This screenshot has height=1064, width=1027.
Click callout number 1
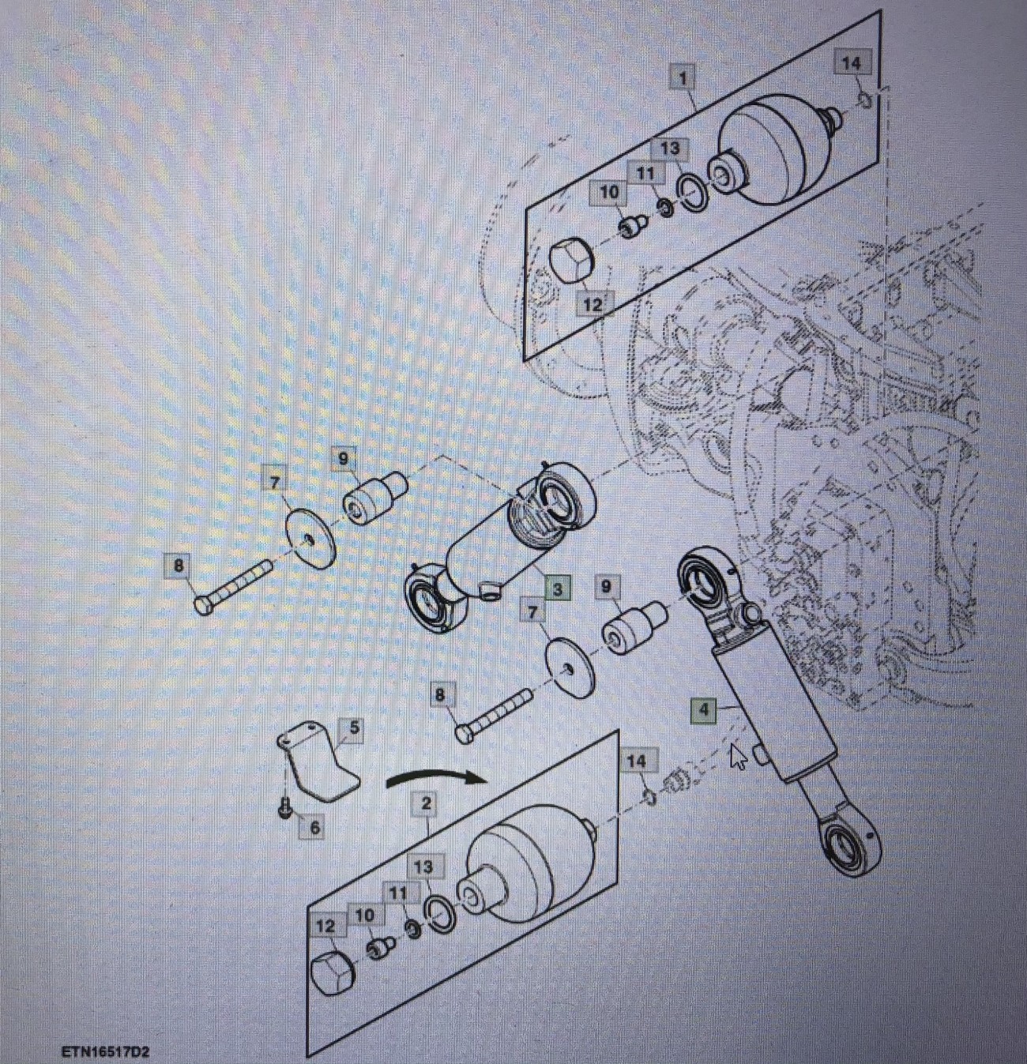click(682, 78)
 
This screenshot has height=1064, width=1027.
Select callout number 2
click(426, 803)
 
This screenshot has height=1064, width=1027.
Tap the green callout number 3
click(557, 588)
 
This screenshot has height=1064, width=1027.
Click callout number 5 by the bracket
click(354, 728)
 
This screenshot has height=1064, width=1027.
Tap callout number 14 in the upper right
click(851, 63)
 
